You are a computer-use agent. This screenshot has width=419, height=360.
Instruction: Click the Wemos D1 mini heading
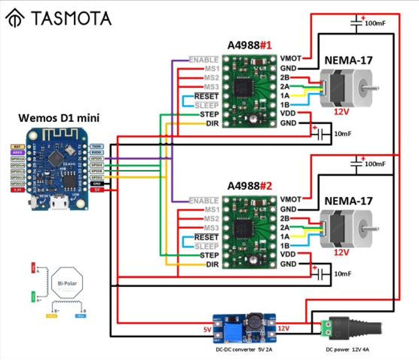tap(59, 118)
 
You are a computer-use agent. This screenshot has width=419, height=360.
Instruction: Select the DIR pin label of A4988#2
tap(213, 264)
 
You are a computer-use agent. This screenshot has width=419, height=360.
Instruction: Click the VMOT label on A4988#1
tap(291, 58)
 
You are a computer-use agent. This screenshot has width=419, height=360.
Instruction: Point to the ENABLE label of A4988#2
tap(203, 201)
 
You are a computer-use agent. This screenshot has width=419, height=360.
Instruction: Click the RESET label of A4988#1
tap(206, 96)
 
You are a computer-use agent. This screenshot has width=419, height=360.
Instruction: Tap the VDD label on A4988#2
tap(288, 254)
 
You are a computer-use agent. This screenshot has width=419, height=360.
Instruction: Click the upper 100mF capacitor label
tap(375, 23)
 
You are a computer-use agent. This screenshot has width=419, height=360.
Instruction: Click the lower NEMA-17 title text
tap(348, 201)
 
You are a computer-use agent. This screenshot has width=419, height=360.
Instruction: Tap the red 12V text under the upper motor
tap(341, 111)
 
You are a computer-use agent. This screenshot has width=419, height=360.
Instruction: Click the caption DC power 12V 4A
tap(347, 349)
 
